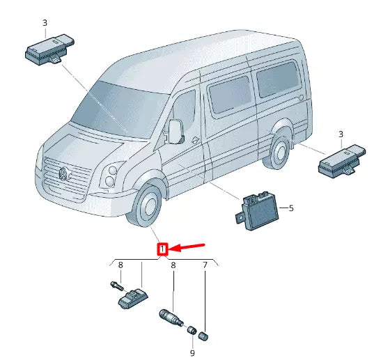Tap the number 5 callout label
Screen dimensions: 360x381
(291, 208)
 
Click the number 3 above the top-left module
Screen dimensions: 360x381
(45, 23)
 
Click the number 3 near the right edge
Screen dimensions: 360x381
(341, 133)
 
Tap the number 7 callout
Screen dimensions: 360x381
(205, 265)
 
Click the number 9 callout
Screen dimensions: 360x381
(192, 352)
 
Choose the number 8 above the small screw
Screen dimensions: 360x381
(120, 265)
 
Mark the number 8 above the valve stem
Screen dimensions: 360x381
(173, 265)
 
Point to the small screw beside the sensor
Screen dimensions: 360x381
(115, 285)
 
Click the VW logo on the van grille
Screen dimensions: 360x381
(63, 173)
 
